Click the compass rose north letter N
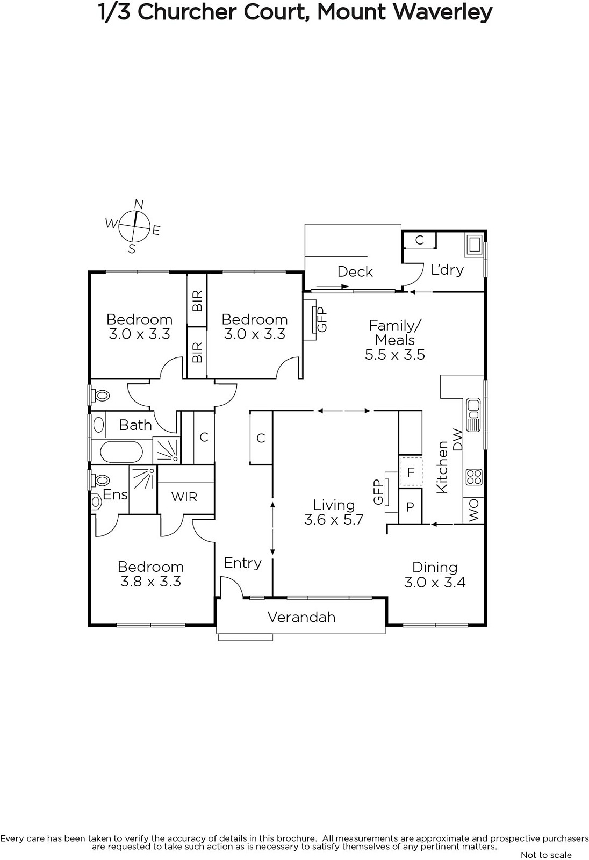tap(139, 204)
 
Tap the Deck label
tap(355, 272)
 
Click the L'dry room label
tap(447, 269)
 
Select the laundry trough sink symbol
tap(474, 245)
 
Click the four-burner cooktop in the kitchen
tap(474, 477)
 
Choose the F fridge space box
tap(411, 472)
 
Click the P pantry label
tap(410, 507)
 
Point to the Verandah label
tap(301, 617)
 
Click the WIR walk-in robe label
tap(184, 497)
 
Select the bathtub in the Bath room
tap(121, 452)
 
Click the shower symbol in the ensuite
tap(143, 490)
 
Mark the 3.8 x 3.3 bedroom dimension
tap(150, 582)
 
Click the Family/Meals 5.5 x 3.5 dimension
tap(394, 354)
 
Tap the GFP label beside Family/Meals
tap(322, 319)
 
